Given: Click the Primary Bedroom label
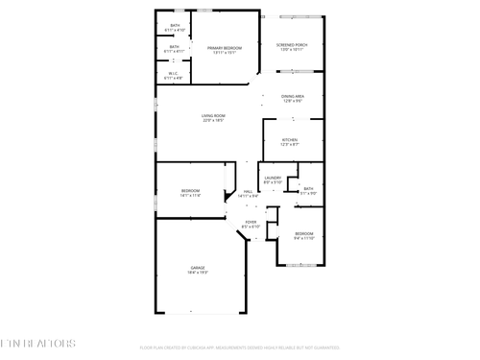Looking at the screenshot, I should click(x=224, y=47).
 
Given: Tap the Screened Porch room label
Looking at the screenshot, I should click(x=292, y=44).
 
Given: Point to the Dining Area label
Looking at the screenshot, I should click(x=294, y=96).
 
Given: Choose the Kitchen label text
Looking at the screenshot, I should click(x=290, y=139).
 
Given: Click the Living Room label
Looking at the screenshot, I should click(x=212, y=116).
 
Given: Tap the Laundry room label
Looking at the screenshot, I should click(x=273, y=178).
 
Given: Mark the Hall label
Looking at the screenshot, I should click(x=248, y=192).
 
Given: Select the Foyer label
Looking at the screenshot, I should click(x=251, y=223).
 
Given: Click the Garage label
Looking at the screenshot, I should click(x=197, y=267).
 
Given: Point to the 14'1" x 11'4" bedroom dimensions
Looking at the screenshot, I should click(x=190, y=196).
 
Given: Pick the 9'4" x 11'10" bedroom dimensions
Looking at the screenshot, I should click(x=304, y=239).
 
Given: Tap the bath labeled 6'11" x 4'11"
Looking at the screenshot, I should click(x=175, y=51).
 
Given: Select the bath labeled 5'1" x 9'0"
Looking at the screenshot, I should click(x=308, y=193).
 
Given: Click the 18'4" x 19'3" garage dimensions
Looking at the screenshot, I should click(x=197, y=273).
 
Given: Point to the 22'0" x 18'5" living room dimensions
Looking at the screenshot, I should click(x=212, y=122).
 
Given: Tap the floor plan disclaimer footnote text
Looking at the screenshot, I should click(x=240, y=348).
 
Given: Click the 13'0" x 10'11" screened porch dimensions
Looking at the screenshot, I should click(x=292, y=50).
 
